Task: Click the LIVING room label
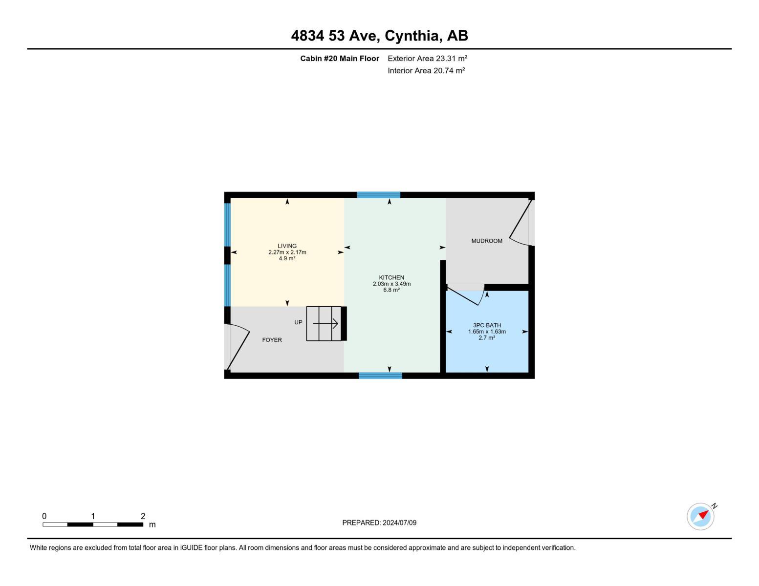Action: [287, 246]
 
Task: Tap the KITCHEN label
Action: [391, 277]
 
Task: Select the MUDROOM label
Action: [487, 241]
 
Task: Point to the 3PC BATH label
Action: [487, 325]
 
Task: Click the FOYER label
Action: [272, 340]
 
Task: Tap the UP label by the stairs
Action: [298, 322]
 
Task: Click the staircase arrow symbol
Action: [325, 323]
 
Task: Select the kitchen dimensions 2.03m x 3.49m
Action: [391, 284]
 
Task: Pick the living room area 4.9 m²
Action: [287, 258]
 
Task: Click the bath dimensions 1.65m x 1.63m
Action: [487, 332]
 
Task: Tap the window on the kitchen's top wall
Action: [378, 195]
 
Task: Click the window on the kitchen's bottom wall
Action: [380, 376]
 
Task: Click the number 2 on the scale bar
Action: [143, 516]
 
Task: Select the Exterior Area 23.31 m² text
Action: [427, 58]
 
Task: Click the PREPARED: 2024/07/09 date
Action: [379, 523]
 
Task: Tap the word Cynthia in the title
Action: [412, 36]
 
